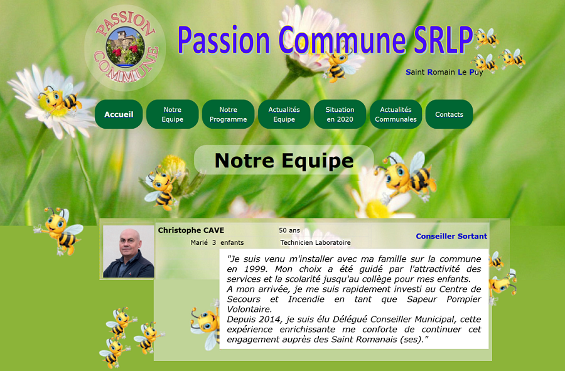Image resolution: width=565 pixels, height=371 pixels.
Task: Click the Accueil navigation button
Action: (119, 114)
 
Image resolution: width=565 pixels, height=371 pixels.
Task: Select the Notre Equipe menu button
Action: (172, 114)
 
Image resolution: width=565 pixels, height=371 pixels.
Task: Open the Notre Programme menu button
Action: (228, 114)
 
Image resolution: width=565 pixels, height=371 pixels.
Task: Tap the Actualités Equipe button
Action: (284, 114)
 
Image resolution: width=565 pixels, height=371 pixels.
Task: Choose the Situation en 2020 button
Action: (340, 114)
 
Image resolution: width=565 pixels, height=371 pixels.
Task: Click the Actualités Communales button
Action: (395, 114)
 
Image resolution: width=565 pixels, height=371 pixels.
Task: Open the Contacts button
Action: (449, 114)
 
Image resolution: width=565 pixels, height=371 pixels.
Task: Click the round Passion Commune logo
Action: (125, 47)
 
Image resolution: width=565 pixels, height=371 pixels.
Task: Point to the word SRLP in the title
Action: (443, 40)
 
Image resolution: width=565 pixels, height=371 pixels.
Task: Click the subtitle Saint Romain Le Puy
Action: (444, 72)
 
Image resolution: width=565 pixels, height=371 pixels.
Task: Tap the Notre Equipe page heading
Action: (284, 160)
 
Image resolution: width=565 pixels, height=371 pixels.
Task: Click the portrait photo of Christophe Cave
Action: (129, 252)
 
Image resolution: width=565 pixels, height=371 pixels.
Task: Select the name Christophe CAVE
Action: (191, 230)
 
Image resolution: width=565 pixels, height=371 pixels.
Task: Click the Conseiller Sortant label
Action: (451, 236)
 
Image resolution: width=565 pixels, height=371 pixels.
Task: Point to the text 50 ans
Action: (289, 230)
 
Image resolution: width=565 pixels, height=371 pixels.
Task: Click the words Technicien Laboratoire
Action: (315, 242)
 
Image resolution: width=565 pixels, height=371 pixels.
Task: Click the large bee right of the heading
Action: (406, 175)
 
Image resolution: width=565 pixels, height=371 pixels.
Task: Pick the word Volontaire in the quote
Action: (249, 309)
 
